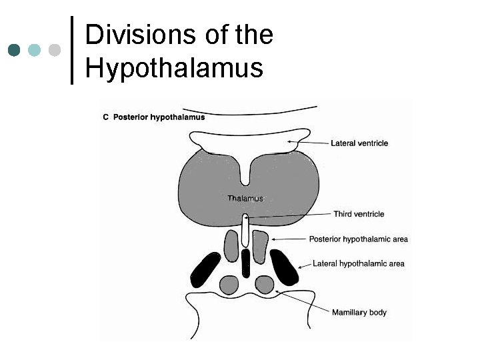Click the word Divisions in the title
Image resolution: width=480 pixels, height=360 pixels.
[137, 34]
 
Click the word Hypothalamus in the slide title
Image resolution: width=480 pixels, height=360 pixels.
[174, 67]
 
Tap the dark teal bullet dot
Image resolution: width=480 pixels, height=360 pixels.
[15, 50]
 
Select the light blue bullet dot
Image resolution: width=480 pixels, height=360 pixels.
[35, 50]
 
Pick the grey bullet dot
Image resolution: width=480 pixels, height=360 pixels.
[55, 50]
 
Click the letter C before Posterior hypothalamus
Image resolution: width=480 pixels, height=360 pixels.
[105, 117]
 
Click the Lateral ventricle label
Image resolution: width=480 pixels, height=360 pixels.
[359, 143]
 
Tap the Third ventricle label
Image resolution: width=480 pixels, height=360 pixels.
[359, 214]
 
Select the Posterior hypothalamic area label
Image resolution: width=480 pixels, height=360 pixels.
[359, 239]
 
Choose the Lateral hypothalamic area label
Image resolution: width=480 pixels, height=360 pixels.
[359, 263]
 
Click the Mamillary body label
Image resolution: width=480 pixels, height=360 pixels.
[359, 312]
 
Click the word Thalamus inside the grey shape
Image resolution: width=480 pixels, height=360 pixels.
[245, 198]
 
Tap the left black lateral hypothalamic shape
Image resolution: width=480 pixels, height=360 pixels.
[205, 270]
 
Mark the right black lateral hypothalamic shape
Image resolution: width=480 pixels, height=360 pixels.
[287, 269]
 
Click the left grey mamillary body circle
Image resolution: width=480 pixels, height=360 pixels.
[229, 285]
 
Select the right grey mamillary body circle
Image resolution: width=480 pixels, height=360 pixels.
[265, 285]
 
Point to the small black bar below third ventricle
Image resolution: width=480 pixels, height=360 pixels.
[246, 263]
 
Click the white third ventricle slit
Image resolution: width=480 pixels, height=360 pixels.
[246, 230]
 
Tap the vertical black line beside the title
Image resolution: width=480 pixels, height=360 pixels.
[73, 50]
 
